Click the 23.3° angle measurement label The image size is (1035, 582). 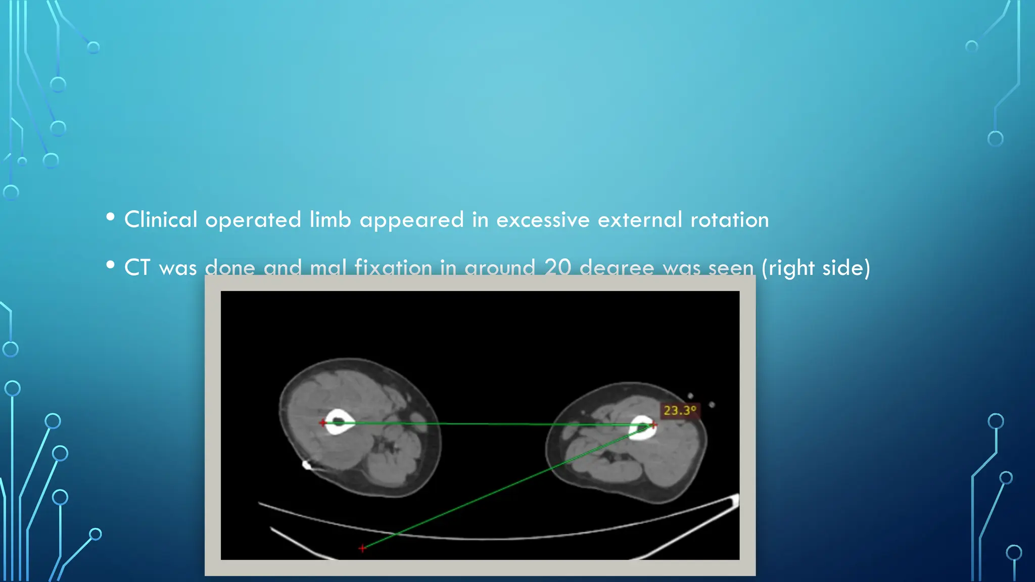coord(680,410)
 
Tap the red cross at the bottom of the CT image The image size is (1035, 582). coord(362,548)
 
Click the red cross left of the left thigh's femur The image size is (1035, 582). coord(322,422)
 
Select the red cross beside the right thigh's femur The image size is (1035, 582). coord(653,425)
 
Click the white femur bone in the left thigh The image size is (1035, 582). coord(340,422)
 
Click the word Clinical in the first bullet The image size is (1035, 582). coord(161,220)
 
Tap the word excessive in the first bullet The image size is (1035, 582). coord(543,220)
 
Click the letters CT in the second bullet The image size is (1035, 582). coord(137,267)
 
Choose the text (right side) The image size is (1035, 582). coord(816,267)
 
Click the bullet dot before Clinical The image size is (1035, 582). coord(111,217)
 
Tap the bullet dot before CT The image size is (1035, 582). coord(111,265)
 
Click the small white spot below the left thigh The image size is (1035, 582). coord(306,464)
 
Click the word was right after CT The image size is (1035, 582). coord(178,268)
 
